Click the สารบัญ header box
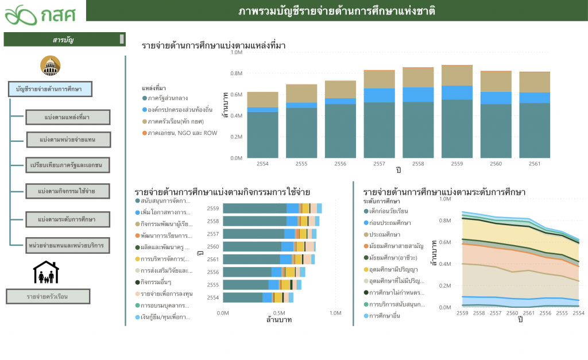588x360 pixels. (64, 40)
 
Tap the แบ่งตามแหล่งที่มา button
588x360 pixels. (67, 117)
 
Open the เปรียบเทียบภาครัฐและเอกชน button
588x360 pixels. (67, 165)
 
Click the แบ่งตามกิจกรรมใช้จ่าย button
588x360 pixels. (67, 190)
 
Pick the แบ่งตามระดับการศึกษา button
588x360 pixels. (67, 219)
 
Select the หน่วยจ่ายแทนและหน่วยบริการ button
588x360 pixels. (67, 245)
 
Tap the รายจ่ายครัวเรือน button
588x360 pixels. (48, 296)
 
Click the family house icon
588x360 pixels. (47, 273)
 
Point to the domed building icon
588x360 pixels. (51, 66)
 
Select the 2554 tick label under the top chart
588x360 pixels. (262, 164)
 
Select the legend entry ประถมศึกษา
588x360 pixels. (385, 234)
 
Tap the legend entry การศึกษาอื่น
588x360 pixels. (388, 316)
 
